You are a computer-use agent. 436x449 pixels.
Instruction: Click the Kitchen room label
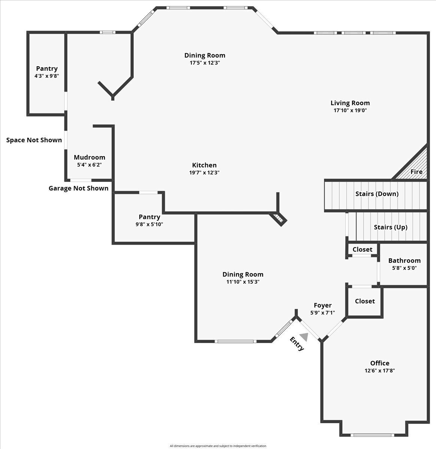click(x=204, y=165)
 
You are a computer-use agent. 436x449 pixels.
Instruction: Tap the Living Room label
click(x=350, y=103)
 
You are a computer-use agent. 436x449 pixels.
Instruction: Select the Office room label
click(x=379, y=363)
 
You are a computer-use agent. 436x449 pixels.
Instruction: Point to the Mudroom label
click(x=89, y=158)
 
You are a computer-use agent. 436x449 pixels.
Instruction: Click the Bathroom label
click(x=404, y=260)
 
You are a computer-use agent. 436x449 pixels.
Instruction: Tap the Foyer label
click(x=323, y=305)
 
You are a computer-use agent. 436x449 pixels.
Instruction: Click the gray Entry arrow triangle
click(x=304, y=337)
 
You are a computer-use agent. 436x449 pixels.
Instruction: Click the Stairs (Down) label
click(x=376, y=194)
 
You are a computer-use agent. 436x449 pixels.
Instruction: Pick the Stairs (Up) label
click(x=390, y=227)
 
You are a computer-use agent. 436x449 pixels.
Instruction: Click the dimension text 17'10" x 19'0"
click(x=350, y=110)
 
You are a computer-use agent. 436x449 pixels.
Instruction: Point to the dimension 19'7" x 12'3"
click(x=204, y=172)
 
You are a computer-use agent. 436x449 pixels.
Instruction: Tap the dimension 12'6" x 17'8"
click(x=379, y=370)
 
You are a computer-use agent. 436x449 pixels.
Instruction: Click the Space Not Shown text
click(x=34, y=140)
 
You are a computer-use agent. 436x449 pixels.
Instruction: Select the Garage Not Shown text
click(x=78, y=188)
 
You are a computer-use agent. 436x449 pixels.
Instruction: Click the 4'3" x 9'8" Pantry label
click(x=47, y=68)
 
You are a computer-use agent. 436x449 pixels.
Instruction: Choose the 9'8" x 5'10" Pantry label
click(x=149, y=217)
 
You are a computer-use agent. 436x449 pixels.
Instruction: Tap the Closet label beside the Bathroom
click(x=362, y=249)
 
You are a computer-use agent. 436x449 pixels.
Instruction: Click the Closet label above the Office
click(x=364, y=301)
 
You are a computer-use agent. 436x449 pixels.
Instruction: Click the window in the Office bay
click(x=372, y=435)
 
